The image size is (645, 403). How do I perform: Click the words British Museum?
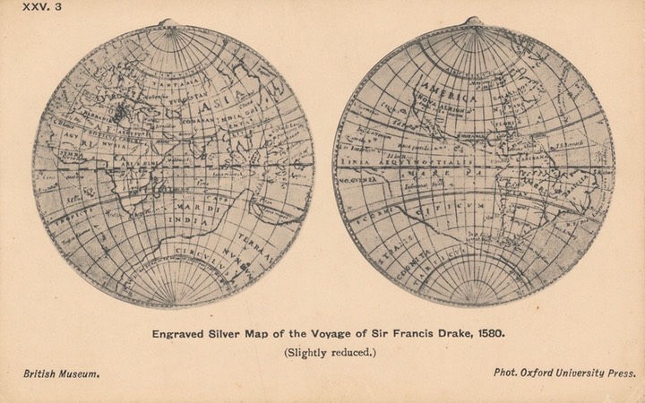coord(60,372)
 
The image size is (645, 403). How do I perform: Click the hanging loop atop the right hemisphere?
coord(474,22)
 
